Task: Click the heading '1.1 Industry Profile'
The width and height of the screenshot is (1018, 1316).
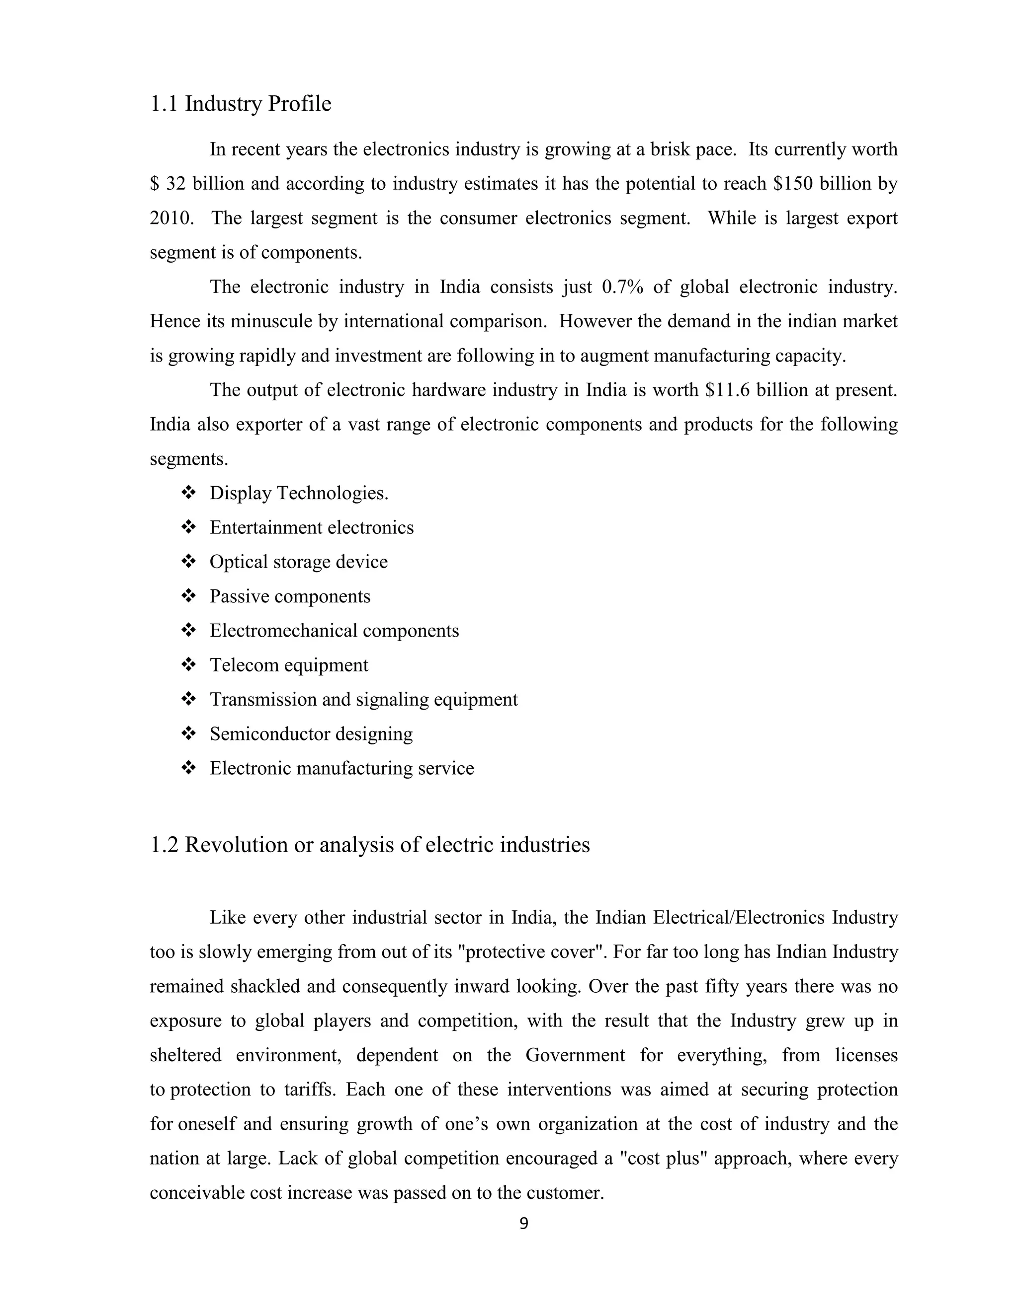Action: (240, 104)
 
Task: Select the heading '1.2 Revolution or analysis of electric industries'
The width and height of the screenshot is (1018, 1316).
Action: (369, 844)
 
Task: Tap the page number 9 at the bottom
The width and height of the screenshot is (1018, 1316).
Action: (523, 1223)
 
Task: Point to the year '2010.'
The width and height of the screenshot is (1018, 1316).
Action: (171, 218)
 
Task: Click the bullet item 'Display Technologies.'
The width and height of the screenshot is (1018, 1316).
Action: (299, 494)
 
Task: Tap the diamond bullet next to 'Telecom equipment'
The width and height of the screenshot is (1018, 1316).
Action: (188, 664)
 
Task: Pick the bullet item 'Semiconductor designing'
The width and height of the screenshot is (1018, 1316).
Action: (311, 734)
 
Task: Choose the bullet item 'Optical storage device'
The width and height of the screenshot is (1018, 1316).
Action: (299, 562)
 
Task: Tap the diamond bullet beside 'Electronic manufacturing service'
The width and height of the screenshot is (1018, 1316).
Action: (188, 768)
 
